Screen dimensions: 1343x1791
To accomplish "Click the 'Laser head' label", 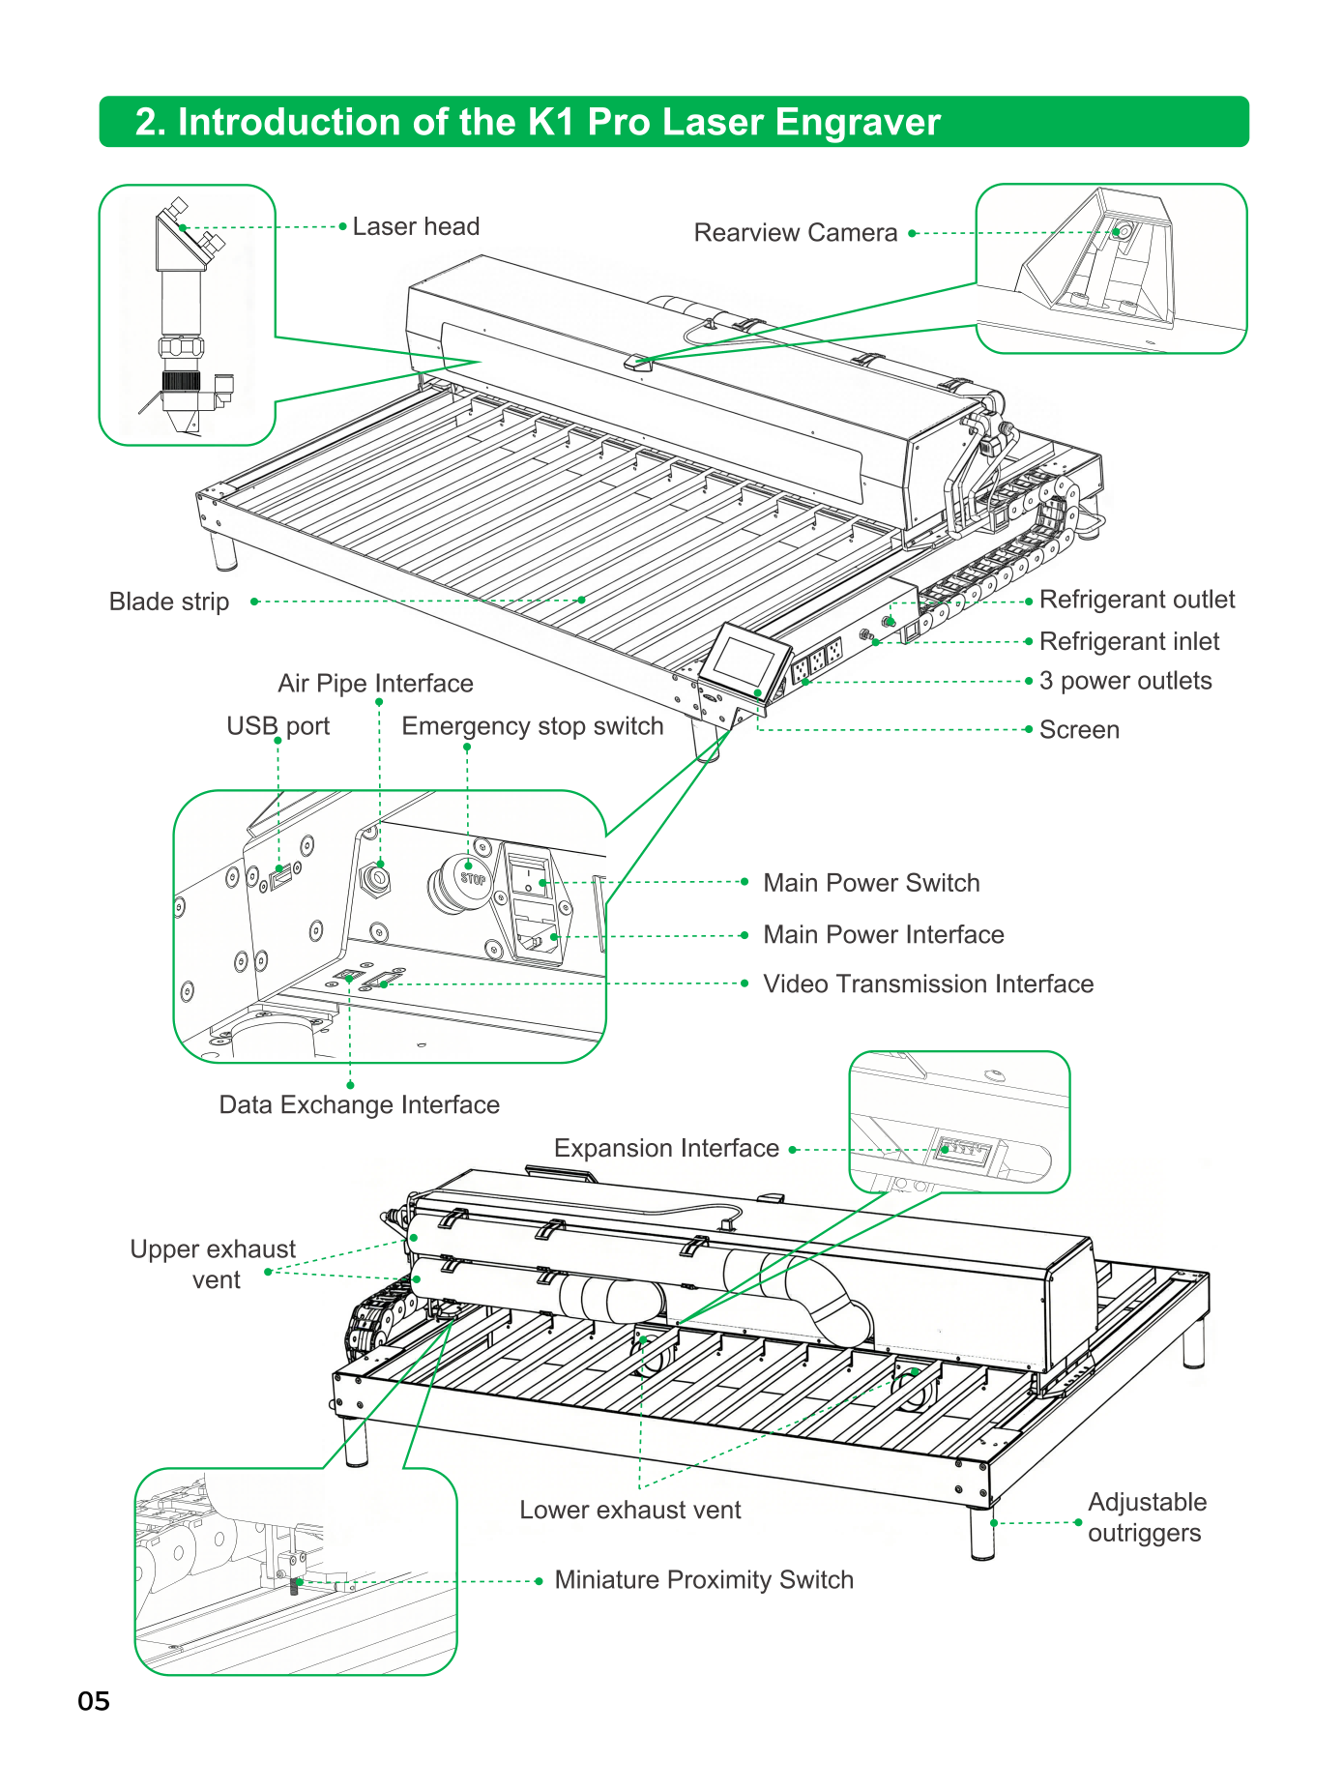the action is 416,226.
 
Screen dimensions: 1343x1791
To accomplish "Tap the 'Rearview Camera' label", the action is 796,233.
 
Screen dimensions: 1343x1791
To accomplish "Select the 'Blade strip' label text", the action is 169,602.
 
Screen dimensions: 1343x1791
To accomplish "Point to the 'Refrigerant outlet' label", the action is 1137,600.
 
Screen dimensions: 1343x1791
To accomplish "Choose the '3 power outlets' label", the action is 1125,681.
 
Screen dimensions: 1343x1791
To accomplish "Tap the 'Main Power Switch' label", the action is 871,883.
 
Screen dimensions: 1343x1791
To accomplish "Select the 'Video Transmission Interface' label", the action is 928,984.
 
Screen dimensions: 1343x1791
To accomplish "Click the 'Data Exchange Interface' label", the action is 360,1104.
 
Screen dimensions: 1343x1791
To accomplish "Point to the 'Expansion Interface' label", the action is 666,1148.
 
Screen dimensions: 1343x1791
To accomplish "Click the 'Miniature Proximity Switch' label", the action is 704,1580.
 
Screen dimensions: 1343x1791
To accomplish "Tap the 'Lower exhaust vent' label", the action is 630,1511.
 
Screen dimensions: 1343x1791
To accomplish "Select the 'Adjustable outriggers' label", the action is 1147,1517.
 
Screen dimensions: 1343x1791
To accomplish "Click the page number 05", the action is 94,1701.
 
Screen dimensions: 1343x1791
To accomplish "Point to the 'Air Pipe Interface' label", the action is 375,684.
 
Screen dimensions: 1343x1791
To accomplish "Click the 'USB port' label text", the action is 278,726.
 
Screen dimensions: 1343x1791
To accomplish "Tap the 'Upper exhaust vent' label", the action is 213,1265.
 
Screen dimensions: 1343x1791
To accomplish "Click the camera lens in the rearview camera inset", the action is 1123,232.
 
